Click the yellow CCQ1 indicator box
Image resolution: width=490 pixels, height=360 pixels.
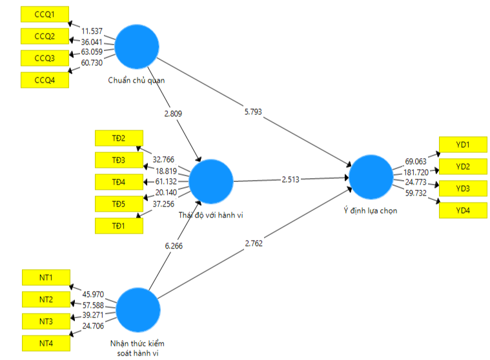tap(45, 13)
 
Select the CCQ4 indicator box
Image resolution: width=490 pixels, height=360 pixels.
tap(45, 80)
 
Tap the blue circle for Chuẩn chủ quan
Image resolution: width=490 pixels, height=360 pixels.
tap(137, 46)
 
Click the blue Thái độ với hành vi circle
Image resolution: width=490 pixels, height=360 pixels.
tap(211, 181)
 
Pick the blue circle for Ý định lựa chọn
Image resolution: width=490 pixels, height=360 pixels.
tap(371, 176)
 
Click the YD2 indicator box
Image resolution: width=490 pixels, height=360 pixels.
tap(462, 166)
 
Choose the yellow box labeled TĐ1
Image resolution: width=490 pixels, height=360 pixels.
tap(118, 226)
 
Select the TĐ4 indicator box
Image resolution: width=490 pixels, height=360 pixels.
tap(118, 182)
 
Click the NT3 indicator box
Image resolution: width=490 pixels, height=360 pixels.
tap(46, 321)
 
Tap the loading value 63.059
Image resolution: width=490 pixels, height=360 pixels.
tap(96, 52)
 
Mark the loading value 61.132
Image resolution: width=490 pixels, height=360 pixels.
tap(166, 182)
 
